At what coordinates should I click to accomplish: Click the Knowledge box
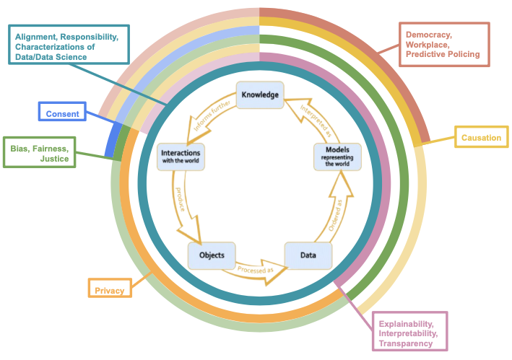click(x=260, y=95)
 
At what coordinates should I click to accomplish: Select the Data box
click(x=308, y=255)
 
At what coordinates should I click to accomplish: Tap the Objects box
click(x=212, y=255)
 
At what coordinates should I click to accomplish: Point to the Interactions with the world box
click(x=181, y=157)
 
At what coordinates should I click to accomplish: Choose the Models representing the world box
click(x=337, y=157)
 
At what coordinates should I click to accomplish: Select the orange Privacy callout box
click(x=110, y=288)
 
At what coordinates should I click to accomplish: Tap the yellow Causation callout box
click(x=482, y=137)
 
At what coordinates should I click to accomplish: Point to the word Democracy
click(x=429, y=35)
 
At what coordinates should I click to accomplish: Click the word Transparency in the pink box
click(x=406, y=343)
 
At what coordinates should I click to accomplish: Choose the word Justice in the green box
click(x=54, y=159)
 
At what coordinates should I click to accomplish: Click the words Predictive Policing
click(x=443, y=54)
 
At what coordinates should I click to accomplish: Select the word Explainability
click(x=406, y=324)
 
